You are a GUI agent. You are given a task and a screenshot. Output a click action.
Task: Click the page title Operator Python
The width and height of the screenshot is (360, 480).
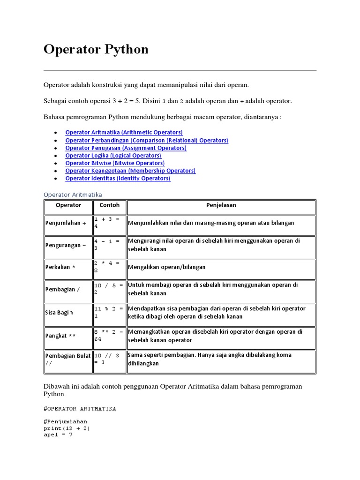(x=96, y=49)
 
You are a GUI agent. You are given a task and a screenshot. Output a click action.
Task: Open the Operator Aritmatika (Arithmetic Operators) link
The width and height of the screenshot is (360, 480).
(x=124, y=133)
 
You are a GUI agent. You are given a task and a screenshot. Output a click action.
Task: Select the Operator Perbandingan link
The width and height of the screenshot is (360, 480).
(x=146, y=140)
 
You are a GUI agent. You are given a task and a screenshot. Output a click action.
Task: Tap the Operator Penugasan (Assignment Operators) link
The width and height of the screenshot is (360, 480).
(x=126, y=148)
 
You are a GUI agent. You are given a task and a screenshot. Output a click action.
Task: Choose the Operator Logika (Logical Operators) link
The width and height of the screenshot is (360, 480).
(x=113, y=155)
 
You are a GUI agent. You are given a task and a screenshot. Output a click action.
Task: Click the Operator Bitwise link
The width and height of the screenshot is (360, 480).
(x=115, y=163)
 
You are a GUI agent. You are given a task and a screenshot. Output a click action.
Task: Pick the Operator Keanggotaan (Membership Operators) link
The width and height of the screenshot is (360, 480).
(x=130, y=171)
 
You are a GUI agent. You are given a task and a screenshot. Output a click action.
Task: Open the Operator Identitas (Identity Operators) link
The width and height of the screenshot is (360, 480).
(x=118, y=178)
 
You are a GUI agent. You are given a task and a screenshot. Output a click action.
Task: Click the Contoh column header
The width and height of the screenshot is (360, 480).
(x=109, y=205)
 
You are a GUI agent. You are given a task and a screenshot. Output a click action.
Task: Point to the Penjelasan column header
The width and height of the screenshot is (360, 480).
(x=221, y=205)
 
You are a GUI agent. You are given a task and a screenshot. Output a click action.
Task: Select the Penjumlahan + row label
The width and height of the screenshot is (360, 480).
(x=66, y=223)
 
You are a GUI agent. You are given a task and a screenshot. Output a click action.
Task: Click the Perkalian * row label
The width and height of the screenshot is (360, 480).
(x=60, y=267)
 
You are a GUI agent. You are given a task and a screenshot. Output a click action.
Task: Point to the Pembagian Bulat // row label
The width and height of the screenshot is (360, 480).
(x=67, y=360)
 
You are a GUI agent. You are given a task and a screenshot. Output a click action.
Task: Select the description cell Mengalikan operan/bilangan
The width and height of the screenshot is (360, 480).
(x=166, y=267)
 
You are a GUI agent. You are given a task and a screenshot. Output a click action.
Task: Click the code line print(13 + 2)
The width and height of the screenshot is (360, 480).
(x=67, y=428)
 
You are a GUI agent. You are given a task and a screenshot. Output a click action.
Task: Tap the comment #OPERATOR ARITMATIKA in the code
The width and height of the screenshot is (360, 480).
(x=80, y=409)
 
